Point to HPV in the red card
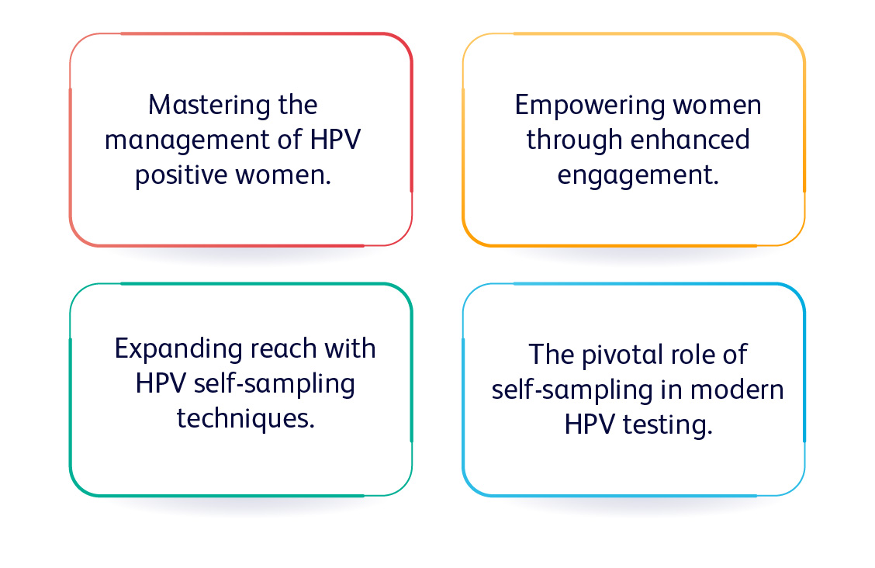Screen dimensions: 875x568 click(335, 139)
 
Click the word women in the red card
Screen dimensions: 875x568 click(283, 175)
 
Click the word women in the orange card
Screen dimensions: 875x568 click(717, 106)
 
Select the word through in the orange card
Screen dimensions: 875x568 click(574, 140)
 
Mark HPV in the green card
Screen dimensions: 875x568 click(161, 383)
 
